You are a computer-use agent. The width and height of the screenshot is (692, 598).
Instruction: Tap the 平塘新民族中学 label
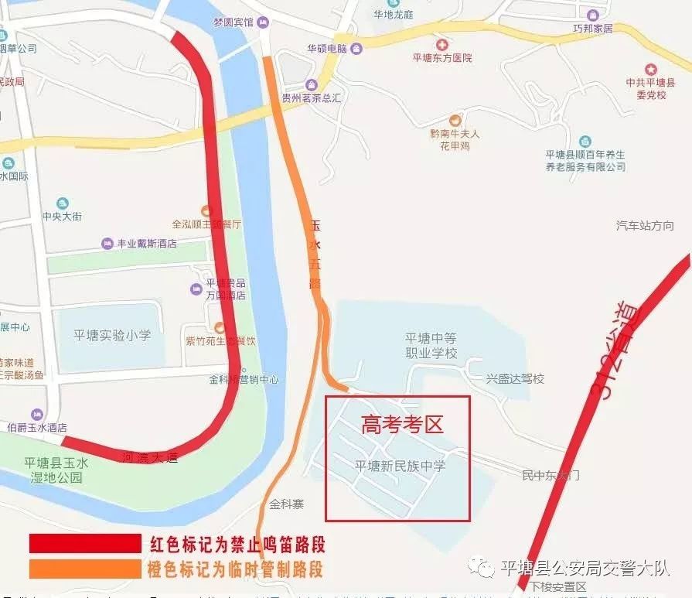coord(400,466)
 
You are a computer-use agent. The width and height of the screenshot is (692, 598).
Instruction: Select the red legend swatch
coord(85,542)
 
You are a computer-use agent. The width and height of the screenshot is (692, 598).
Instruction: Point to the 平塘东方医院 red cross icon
coord(441,46)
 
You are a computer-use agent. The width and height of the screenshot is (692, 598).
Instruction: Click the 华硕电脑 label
coord(326,48)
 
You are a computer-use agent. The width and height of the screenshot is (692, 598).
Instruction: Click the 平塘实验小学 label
coord(112,335)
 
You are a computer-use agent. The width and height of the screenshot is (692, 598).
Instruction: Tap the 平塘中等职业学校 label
coord(431,345)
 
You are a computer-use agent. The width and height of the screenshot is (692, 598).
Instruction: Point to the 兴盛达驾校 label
coord(515,379)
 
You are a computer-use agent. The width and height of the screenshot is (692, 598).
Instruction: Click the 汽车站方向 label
coord(645,226)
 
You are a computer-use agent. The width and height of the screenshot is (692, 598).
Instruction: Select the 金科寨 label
coord(286,504)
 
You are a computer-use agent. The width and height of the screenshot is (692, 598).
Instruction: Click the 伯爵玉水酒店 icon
coord(36,414)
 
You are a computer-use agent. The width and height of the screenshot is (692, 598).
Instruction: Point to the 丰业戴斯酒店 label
coord(146,243)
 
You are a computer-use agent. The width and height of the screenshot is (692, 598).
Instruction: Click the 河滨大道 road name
coord(150,457)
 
